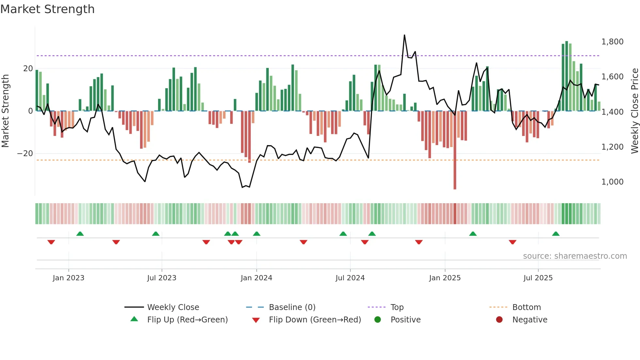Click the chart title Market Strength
coord(47,9)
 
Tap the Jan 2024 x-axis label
coord(256,278)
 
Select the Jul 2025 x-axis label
coord(538,278)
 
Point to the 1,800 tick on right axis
coord(612,42)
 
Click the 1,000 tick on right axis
coord(612,182)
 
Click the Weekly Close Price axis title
coord(634,111)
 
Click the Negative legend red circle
coord(499,320)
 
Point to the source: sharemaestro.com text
coord(575,256)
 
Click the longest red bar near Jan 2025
coord(455,150)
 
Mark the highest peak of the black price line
coord(404,35)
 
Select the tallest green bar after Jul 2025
coord(567,75)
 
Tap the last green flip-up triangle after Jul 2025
coord(556,234)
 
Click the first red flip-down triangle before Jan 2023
coord(51,242)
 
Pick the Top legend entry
coord(397,307)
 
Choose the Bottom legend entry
coord(526,307)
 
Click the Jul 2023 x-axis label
coord(162,278)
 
